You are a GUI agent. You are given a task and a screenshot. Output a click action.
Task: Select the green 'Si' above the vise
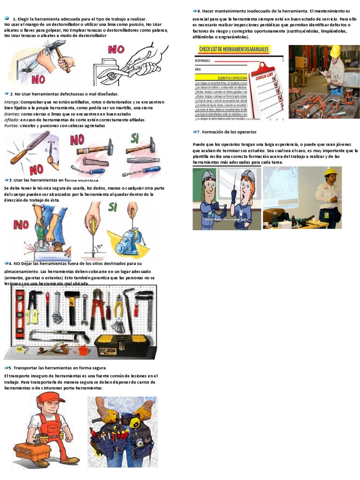[112, 207]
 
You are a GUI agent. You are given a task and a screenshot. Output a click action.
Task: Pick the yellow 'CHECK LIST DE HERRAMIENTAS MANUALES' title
[234, 49]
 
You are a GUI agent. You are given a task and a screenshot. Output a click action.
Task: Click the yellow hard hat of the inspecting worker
[335, 51]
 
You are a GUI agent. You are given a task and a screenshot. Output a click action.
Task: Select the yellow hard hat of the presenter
[330, 172]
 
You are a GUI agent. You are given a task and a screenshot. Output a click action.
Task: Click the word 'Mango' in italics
[11, 102]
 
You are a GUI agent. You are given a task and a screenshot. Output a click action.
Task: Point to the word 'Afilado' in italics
[12, 120]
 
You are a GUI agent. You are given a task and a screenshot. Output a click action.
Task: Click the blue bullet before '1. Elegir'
[7, 18]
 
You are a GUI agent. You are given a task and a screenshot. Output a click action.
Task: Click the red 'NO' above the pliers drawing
[120, 49]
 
